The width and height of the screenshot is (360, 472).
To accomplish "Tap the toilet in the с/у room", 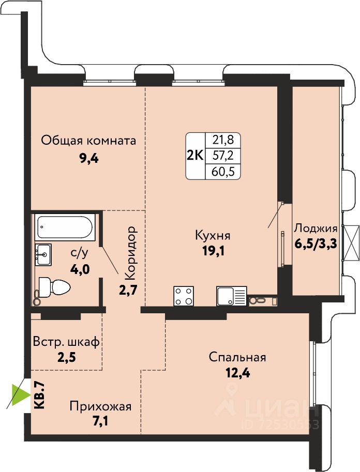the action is (x=54, y=287).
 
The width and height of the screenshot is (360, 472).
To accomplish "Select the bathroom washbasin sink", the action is (x=43, y=255).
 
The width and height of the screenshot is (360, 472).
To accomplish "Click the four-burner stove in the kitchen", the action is (x=184, y=296).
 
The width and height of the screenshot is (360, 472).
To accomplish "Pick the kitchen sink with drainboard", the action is (x=231, y=296).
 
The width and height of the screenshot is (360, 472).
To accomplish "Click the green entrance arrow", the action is (x=21, y=394).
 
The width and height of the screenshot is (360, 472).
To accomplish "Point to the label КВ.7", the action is (x=40, y=394).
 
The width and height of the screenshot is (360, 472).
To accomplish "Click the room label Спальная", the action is (x=237, y=357).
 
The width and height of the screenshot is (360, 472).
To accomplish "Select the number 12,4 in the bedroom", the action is (x=238, y=373).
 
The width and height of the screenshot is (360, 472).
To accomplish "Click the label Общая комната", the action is (x=88, y=141).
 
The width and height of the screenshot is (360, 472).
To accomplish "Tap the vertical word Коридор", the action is (x=131, y=253).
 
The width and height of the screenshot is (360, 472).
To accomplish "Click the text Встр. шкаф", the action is (x=66, y=342).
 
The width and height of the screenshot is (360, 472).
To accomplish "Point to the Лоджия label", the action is (x=316, y=228).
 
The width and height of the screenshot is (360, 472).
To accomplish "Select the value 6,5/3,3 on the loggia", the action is (x=316, y=243).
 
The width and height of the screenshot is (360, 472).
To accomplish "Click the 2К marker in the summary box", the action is (x=196, y=156).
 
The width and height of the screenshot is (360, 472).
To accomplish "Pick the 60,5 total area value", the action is (x=223, y=172).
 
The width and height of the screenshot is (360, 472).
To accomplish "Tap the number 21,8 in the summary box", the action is (x=223, y=140).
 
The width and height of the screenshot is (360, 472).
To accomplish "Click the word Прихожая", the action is (x=101, y=407).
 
